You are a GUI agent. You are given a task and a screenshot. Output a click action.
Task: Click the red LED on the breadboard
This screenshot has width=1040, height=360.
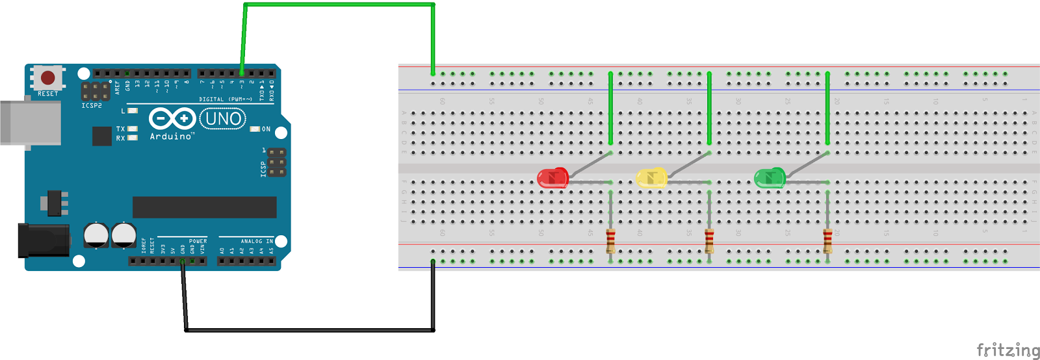(x=552, y=177)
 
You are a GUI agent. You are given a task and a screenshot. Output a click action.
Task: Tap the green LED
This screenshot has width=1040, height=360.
(x=770, y=177)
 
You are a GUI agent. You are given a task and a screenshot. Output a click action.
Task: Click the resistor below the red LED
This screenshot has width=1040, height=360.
(x=610, y=240)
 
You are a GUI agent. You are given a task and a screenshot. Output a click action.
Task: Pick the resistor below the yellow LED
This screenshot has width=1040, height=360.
(x=709, y=240)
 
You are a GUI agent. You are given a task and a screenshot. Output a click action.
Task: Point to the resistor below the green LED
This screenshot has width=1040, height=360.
(x=827, y=240)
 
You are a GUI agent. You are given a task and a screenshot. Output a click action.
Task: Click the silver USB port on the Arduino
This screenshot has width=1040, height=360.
(x=30, y=122)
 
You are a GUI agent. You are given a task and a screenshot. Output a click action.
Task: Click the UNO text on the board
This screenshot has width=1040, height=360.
(x=223, y=119)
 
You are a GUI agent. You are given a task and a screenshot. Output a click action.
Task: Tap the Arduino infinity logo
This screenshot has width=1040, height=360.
(x=172, y=119)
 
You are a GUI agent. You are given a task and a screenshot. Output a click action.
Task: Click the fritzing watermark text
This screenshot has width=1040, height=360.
(x=1007, y=350)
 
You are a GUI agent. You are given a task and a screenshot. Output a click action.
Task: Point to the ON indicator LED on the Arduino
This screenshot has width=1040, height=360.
(x=255, y=129)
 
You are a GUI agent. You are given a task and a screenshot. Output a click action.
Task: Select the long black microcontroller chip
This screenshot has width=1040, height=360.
(x=204, y=207)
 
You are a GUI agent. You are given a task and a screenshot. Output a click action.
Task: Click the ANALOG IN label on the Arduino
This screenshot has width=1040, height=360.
(x=257, y=241)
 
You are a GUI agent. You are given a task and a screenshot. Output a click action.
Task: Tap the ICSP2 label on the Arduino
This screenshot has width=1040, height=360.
(x=92, y=105)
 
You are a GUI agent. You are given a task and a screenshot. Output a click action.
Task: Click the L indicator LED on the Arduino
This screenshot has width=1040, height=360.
(x=133, y=111)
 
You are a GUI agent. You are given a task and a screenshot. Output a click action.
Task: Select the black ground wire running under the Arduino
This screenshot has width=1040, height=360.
(x=309, y=330)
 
